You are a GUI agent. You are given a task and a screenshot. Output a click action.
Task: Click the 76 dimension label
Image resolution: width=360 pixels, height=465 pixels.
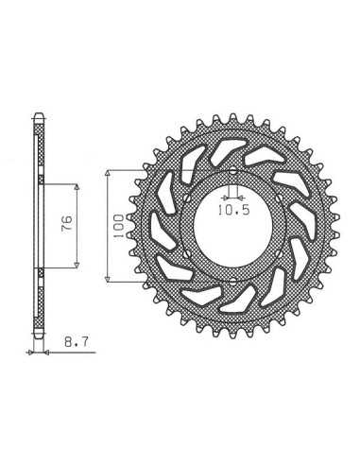tap(67, 224)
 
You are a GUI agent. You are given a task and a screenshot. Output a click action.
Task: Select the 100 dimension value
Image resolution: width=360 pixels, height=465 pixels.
tap(118, 226)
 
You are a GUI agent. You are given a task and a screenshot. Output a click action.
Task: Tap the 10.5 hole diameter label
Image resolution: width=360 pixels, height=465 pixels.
tap(234, 210)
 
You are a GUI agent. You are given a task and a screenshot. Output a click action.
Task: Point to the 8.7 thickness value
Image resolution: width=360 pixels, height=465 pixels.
tap(77, 341)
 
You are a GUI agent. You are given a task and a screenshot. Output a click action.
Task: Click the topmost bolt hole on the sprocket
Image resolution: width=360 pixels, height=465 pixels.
tap(232, 171)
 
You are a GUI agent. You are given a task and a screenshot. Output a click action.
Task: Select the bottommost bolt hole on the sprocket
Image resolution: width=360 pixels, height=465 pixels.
tap(232, 282)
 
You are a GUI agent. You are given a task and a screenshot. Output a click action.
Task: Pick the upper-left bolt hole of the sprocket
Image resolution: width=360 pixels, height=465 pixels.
tap(187, 198)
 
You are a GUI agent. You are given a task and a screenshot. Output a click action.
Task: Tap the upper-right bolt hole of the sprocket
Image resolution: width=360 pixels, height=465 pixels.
tap(279, 198)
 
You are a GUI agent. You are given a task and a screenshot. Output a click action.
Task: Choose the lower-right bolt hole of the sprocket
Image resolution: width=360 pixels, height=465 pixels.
tap(279, 253)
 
